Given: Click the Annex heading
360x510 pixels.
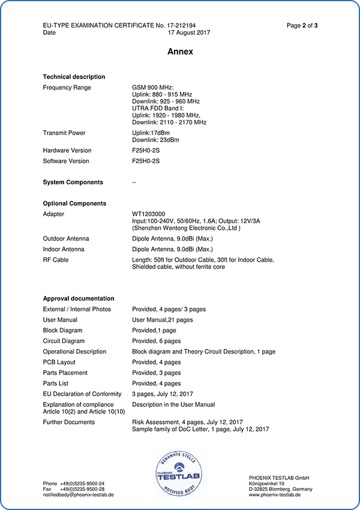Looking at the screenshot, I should (x=180, y=52).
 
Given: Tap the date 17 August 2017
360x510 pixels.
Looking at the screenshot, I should (x=189, y=33).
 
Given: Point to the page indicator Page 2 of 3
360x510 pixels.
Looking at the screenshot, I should (x=302, y=25).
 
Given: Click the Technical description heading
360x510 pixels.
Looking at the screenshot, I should (x=74, y=77).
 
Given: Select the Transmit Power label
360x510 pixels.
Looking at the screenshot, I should (x=64, y=133).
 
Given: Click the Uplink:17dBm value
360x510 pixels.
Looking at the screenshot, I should (x=153, y=133).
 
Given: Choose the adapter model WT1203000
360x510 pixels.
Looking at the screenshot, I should (x=149, y=214).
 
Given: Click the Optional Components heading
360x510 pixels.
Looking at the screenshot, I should (x=74, y=203).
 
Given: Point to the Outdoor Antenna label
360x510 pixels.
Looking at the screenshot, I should (x=66, y=238).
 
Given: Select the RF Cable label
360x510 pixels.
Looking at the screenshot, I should (x=56, y=260).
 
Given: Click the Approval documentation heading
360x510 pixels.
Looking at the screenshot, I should (x=79, y=298).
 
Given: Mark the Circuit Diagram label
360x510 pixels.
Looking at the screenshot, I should (x=64, y=341).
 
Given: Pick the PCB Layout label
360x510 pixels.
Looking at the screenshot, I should (x=59, y=362).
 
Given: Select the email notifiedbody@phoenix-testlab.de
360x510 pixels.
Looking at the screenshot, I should (x=79, y=494).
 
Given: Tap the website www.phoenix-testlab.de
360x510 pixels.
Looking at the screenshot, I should (x=275, y=494).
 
